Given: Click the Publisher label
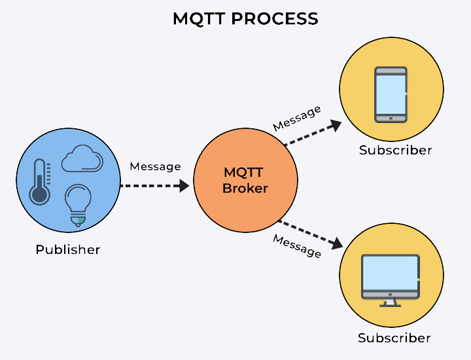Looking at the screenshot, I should tap(68, 249).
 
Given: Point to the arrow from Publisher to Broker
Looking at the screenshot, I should tap(154, 186).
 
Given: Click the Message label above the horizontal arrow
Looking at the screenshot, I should tap(155, 166).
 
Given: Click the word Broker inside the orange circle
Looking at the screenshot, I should tap(245, 189).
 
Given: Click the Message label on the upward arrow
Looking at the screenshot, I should tap(297, 118).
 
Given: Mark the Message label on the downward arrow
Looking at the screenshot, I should tap(297, 247).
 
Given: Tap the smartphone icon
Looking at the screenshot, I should tap(391, 94).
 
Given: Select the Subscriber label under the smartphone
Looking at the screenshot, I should tap(395, 151).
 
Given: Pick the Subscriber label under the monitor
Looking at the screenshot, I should tap(394, 338).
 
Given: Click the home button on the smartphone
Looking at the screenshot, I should tap(391, 118).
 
